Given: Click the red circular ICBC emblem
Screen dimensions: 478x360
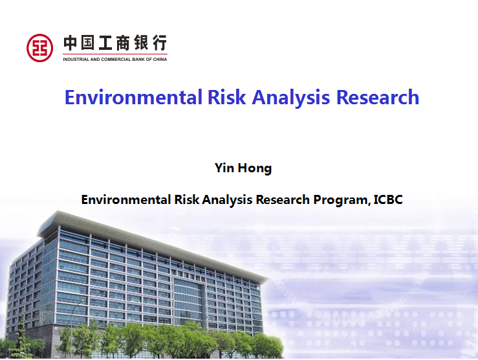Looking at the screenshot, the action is pos(39,48).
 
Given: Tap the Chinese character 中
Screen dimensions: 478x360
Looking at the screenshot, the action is pos(70,43).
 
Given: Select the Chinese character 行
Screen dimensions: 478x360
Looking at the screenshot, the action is pos(160,43).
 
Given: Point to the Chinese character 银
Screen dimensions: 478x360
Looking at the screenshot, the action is pos(142,43).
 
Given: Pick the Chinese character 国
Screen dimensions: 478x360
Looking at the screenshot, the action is pos(87,43).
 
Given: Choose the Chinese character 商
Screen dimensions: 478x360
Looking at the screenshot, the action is pos(123,43).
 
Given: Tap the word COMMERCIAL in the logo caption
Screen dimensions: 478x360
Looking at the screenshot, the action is pos(116,59).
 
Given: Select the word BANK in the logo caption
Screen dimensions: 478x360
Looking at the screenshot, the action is pos(138,59).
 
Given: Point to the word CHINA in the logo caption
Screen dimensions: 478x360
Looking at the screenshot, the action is pos(160,59).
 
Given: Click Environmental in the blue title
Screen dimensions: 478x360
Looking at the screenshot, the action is pos(133,97).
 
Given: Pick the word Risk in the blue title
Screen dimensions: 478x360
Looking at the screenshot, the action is pos(226,97).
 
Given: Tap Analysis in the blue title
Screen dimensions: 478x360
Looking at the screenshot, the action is pos(291,98).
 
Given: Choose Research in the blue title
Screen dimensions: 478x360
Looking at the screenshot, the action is pos(377,97).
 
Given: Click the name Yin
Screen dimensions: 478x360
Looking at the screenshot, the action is pos(224,168).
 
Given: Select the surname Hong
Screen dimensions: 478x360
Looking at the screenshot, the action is pos(255,168).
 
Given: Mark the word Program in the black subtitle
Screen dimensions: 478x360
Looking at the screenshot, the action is pos(342,200).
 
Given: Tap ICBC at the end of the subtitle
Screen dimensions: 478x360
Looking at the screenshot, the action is pos(388,199).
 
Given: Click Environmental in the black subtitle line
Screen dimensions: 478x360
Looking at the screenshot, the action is pos(125,199).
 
